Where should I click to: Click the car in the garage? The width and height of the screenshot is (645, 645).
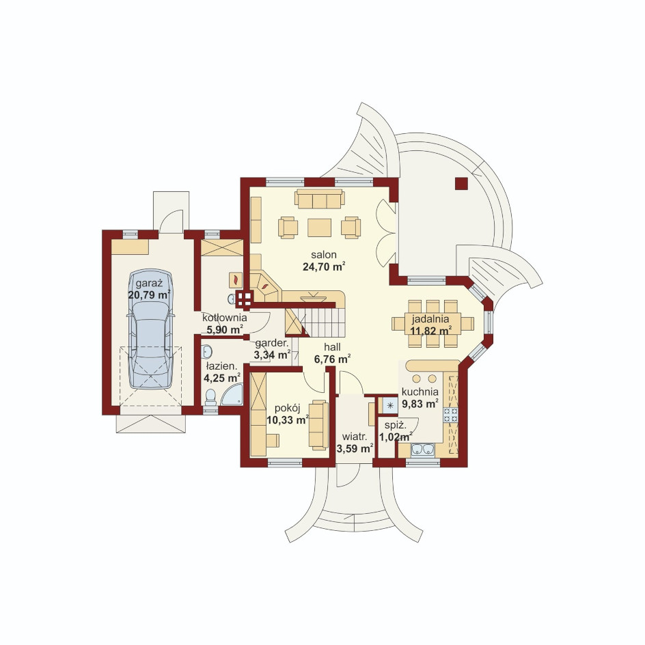[x=150, y=329]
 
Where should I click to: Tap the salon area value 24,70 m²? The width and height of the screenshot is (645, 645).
[x=324, y=266]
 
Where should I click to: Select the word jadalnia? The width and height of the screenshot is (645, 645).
[x=430, y=319]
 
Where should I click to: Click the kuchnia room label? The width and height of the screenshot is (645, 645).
[x=420, y=392]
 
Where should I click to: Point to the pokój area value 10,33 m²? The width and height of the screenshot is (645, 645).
[x=288, y=420]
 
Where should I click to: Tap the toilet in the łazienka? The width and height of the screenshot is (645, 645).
[x=210, y=396]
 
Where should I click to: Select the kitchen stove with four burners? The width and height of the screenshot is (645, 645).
[x=450, y=415]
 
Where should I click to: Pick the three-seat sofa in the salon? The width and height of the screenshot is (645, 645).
[x=320, y=199]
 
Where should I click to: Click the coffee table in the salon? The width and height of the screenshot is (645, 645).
[x=320, y=228]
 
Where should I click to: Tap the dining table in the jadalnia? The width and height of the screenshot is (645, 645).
[x=433, y=324]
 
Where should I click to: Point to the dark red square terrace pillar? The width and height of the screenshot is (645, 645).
[x=461, y=184]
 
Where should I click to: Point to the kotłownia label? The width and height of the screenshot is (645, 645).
[x=225, y=318]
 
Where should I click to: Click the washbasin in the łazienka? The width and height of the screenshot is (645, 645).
[x=207, y=351]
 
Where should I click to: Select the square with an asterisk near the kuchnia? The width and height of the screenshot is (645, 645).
[x=390, y=406]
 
